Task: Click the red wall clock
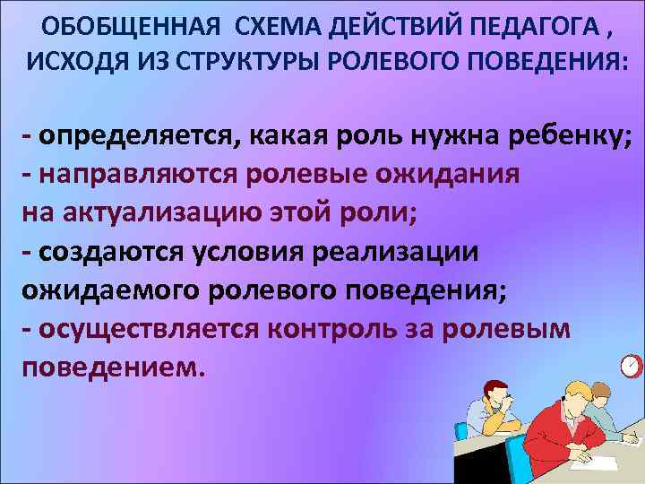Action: pos(631,366)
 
